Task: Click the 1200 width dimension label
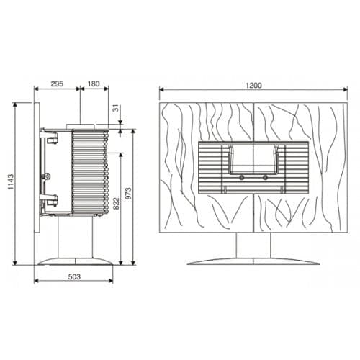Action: (x=253, y=85)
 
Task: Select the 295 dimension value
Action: (x=58, y=84)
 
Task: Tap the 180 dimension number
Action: (x=94, y=84)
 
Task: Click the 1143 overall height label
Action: (x=10, y=184)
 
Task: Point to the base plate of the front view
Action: (x=253, y=261)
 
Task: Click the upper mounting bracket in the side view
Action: (x=49, y=134)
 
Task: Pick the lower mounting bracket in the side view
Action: (x=48, y=199)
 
